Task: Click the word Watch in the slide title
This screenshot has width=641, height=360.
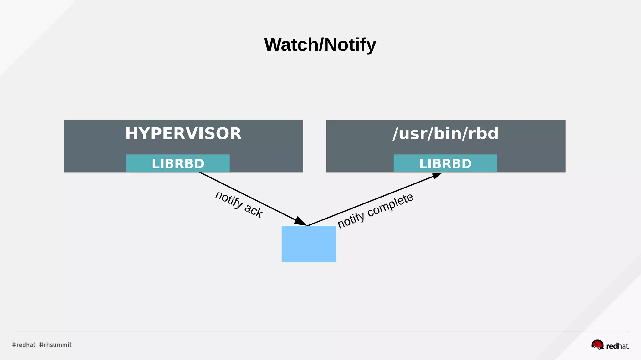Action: [291, 45]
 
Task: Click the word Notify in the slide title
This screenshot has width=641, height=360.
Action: [350, 45]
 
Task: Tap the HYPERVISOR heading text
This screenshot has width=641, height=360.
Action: [183, 134]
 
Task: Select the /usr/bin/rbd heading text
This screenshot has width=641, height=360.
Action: [445, 134]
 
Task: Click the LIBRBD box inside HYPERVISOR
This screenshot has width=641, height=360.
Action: [178, 163]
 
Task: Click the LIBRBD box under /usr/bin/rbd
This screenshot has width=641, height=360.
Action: [445, 163]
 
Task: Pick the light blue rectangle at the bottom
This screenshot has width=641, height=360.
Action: [309, 244]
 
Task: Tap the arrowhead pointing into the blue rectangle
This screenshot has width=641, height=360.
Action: [300, 221]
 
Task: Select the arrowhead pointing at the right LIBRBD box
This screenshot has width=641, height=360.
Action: [436, 176]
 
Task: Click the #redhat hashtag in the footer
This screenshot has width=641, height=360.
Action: [24, 345]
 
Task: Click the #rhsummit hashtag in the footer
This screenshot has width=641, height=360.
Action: [55, 345]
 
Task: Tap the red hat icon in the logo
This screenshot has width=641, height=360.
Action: [597, 345]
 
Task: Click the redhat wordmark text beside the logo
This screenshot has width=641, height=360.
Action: [617, 346]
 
